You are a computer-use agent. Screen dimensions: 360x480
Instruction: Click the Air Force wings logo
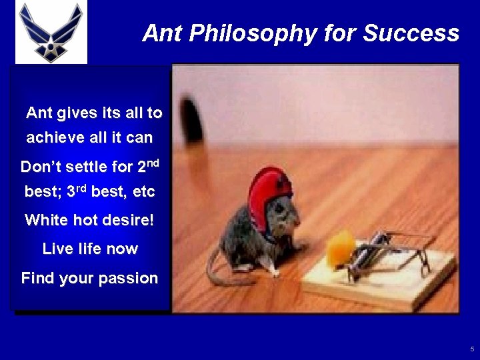(x=51, y=33)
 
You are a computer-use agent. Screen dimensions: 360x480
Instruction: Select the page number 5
(x=472, y=349)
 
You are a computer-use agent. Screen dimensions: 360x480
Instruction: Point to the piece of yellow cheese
(x=340, y=249)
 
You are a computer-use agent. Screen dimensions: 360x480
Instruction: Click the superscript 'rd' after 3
(x=80, y=187)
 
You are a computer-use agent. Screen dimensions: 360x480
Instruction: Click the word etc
(x=143, y=193)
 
